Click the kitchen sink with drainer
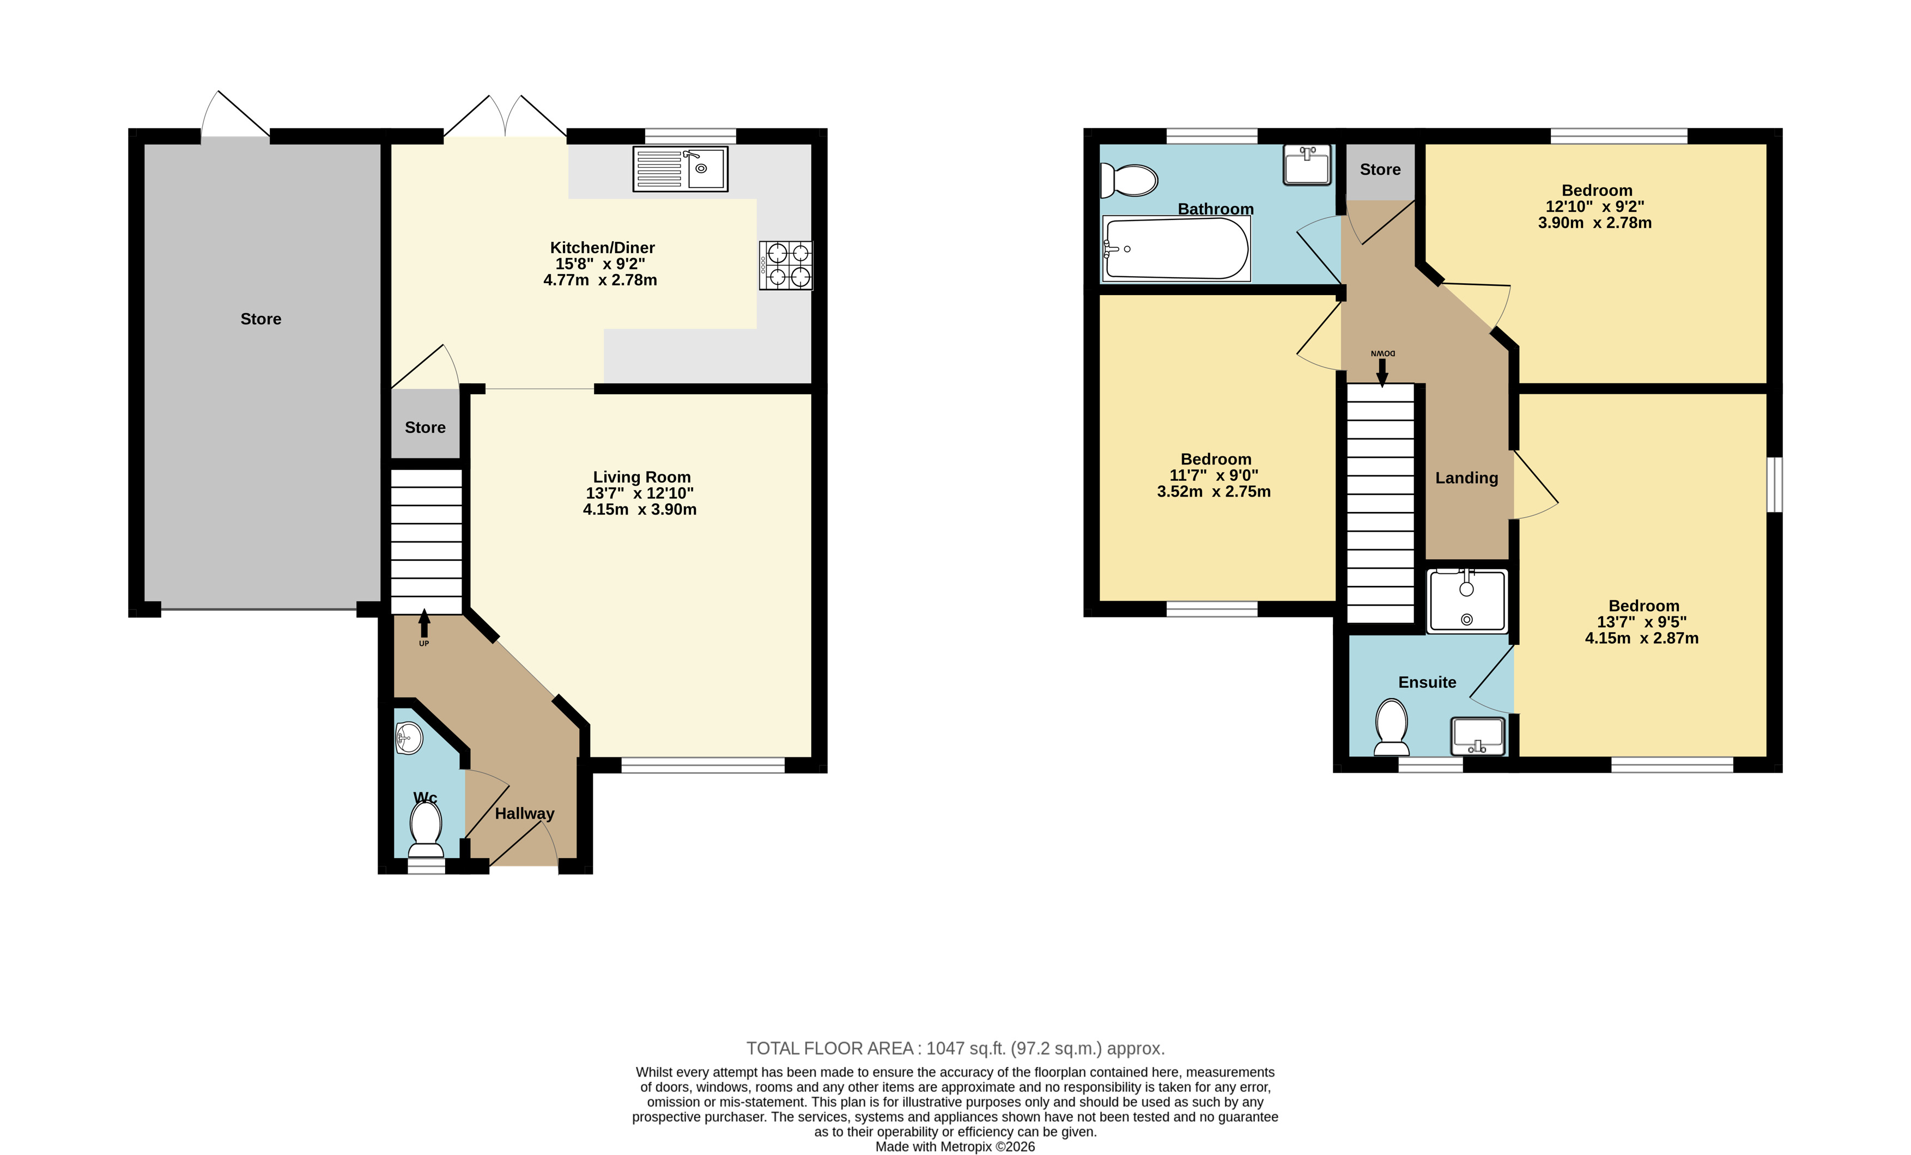coord(680,169)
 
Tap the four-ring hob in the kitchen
coord(786,266)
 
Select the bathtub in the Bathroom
coord(1176,248)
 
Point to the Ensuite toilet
coord(1391,727)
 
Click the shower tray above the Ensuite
coord(1466,601)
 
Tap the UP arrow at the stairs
coord(424,628)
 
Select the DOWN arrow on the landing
coord(1382,368)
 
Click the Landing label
coord(1466,478)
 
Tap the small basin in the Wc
coord(409,738)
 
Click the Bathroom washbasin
coord(1307,164)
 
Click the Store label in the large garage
coord(260,319)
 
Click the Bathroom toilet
coord(1129,180)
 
